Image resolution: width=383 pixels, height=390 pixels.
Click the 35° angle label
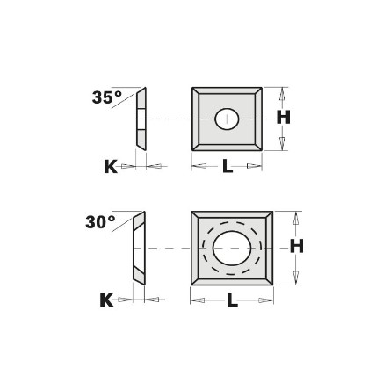[x=106, y=97]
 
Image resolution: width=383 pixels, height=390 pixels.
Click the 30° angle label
[x=100, y=222]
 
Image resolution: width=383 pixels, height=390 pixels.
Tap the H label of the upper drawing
[x=284, y=118]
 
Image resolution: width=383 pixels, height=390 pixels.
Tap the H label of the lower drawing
[x=297, y=246]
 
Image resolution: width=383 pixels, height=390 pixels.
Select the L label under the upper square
[x=228, y=167]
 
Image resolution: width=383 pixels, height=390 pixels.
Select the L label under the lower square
[x=232, y=300]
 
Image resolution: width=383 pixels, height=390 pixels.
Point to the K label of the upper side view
[x=111, y=167]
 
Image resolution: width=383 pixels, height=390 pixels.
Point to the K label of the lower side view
[x=106, y=300]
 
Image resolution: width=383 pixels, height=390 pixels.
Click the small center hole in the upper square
[x=227, y=119]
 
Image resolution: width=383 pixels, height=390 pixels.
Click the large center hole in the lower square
[x=232, y=248]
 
